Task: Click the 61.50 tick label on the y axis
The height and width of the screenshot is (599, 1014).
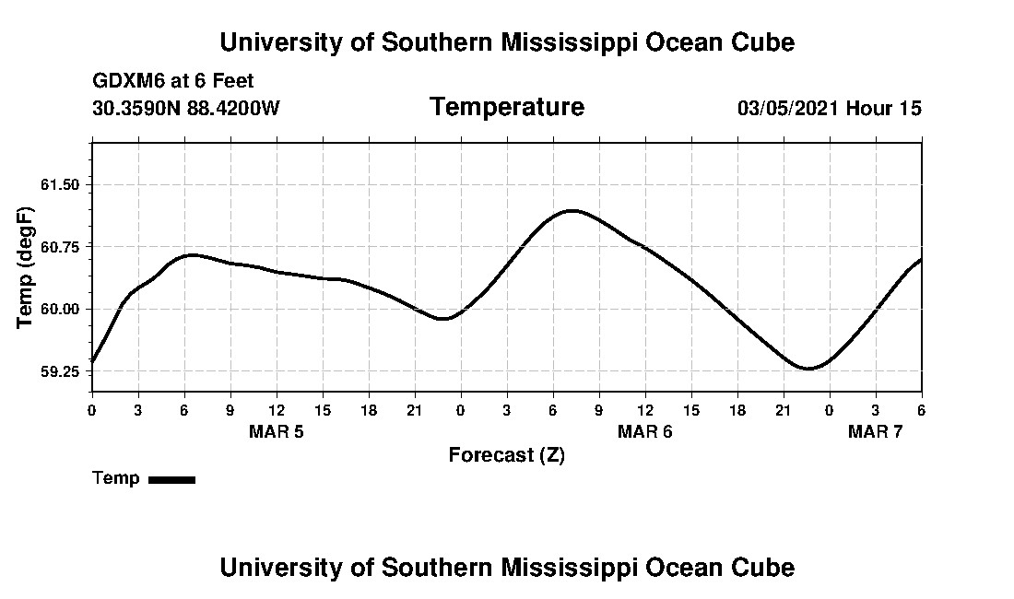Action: [61, 184]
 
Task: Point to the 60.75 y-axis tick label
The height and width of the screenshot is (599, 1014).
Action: [61, 246]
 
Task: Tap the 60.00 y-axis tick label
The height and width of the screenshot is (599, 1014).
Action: [61, 309]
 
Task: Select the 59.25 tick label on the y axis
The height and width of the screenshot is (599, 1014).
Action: [61, 371]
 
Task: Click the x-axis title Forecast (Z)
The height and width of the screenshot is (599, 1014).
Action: [506, 454]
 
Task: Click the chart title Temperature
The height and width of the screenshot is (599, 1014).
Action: [506, 108]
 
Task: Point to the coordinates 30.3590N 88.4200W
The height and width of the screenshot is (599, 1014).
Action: [185, 109]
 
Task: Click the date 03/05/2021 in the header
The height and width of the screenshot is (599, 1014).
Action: [787, 109]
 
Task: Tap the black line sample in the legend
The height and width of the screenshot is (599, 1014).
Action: [171, 479]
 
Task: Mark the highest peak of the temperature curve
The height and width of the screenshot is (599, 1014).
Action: [572, 210]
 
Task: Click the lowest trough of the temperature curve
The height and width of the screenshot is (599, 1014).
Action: [808, 369]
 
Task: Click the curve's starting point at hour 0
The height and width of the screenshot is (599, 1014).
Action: [92, 362]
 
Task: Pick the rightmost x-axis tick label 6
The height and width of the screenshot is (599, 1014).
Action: [921, 409]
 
